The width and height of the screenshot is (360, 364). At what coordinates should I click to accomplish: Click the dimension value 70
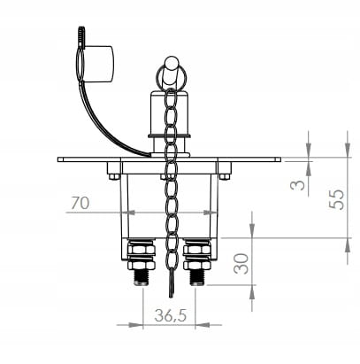coord(80,203)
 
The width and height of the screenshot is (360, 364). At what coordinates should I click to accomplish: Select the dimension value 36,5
coord(171,315)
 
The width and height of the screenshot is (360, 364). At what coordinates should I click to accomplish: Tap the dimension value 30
coord(241,263)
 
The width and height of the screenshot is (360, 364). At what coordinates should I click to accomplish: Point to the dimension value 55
coord(337,199)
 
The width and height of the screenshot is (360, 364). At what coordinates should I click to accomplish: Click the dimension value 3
coord(297,185)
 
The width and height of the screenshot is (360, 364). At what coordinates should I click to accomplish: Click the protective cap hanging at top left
coord(98,64)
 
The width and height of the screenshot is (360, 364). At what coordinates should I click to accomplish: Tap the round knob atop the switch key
coord(172,63)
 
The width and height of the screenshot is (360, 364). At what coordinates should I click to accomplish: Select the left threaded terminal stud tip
coord(142,277)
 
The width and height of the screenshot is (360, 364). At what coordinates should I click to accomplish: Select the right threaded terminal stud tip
coord(197,277)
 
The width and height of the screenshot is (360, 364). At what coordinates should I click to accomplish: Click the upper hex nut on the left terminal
coord(142,250)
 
